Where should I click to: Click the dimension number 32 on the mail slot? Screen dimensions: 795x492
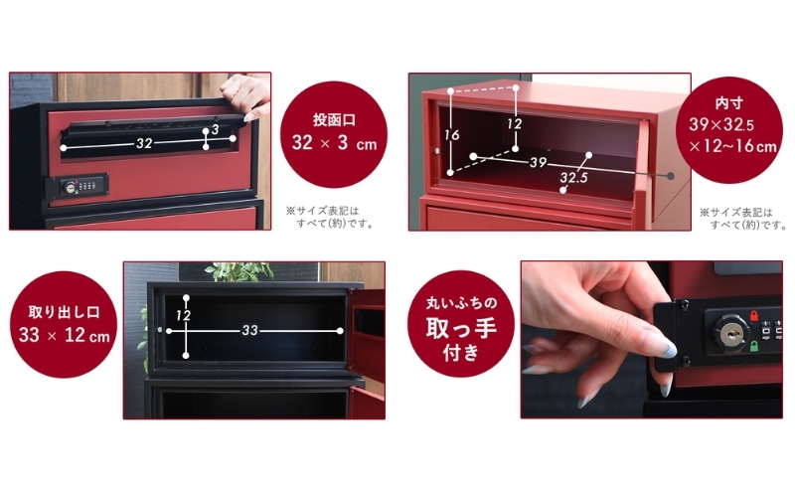click(x=144, y=143)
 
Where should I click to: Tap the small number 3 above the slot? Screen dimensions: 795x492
click(x=215, y=129)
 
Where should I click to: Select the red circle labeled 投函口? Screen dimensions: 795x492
click(x=334, y=134)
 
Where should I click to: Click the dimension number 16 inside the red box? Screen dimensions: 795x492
click(x=452, y=135)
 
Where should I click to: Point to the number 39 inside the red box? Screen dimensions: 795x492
click(x=538, y=162)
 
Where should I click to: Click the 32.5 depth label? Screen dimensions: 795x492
click(x=574, y=178)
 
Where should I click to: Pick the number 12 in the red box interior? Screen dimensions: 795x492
click(x=514, y=124)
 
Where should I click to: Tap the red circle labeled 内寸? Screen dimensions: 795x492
click(x=729, y=130)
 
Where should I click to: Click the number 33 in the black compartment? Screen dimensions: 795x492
click(x=250, y=331)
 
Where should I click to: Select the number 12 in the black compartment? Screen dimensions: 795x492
click(x=183, y=316)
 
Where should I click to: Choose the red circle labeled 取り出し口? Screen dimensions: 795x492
click(x=64, y=325)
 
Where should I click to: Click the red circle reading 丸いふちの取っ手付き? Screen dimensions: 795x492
click(x=461, y=325)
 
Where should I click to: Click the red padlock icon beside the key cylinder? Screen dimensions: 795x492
click(x=753, y=315)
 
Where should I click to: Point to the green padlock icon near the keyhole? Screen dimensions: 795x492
click(x=753, y=347)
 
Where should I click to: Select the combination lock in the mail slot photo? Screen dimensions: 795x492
click(x=78, y=186)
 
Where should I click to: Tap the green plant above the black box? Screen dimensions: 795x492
click(x=238, y=272)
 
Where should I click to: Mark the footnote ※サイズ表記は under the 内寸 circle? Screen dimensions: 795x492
click(x=736, y=213)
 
